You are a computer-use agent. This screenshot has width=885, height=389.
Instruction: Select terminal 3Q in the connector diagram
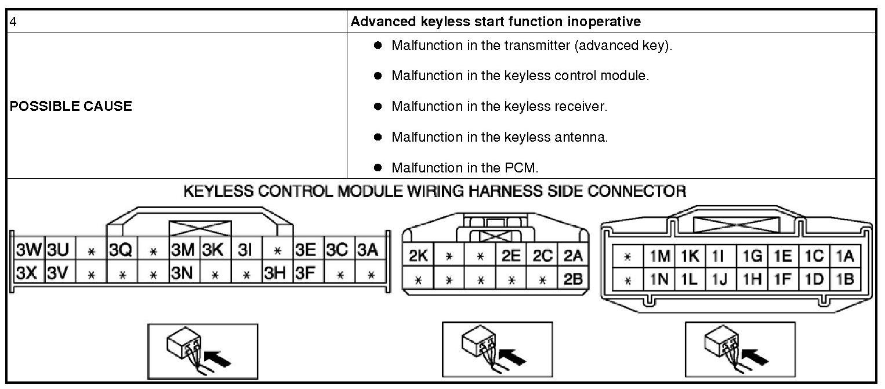(121, 251)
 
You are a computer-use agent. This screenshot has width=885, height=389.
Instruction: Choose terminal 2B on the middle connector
(573, 279)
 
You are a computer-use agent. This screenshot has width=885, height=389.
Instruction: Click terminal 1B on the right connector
(845, 279)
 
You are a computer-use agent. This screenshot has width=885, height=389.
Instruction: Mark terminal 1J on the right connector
(720, 279)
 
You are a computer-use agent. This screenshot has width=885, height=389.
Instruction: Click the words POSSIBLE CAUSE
(71, 106)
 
